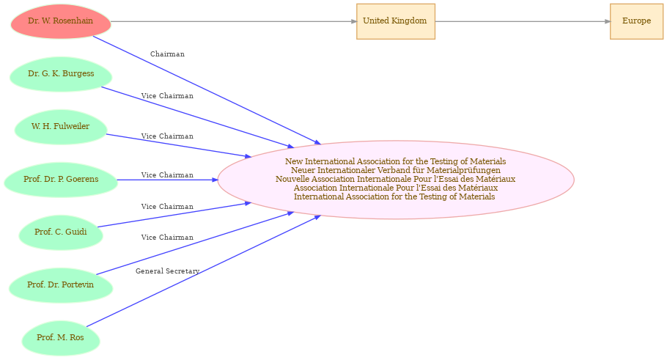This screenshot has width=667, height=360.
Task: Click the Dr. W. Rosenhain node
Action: (x=61, y=21)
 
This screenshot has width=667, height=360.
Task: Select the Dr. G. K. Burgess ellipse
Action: (x=61, y=74)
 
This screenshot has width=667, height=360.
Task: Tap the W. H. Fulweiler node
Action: (x=60, y=127)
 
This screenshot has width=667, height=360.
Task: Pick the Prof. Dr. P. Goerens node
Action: (x=61, y=180)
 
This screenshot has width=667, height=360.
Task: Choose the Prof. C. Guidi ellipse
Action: (x=61, y=232)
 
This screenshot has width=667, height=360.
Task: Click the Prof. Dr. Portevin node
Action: (x=61, y=285)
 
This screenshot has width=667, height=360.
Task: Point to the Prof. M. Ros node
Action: (x=61, y=338)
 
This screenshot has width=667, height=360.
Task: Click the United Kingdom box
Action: (x=396, y=21)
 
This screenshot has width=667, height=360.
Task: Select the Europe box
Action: (x=636, y=21)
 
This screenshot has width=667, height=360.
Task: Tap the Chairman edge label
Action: (x=167, y=54)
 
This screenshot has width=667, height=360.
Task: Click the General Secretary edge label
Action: (x=167, y=271)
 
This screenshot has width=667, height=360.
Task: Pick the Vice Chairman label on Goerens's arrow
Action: (x=167, y=175)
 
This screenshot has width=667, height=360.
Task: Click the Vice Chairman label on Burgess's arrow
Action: (x=167, y=96)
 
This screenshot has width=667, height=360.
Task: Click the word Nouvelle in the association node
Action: (x=291, y=179)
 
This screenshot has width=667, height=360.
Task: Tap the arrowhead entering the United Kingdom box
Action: (x=354, y=21)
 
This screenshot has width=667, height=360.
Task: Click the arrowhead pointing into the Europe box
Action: (x=608, y=21)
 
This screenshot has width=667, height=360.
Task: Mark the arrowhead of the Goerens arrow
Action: (x=215, y=180)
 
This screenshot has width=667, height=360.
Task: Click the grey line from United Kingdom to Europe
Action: (x=523, y=21)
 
